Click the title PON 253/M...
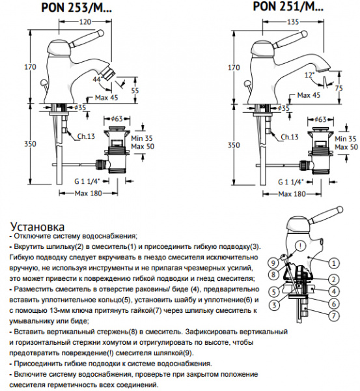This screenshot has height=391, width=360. tap(76, 8)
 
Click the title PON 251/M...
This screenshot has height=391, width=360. tap(288, 7)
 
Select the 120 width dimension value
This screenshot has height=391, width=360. tap(85, 22)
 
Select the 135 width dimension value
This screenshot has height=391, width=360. tap(293, 22)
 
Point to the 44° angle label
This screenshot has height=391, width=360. tap(98, 80)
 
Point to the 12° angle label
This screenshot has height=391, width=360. tap(310, 74)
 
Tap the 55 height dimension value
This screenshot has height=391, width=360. tap(135, 91)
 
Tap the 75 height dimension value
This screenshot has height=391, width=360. tap(339, 88)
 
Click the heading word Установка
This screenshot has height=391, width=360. tap(37, 227)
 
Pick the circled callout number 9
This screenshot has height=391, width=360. tap(273, 263)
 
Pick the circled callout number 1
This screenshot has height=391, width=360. tap(333, 263)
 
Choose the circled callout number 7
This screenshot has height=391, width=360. tap(333, 316)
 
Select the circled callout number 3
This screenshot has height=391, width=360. tap(274, 305)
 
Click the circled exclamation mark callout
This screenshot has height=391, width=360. tap(301, 246)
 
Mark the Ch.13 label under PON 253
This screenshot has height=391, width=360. tap(86, 136)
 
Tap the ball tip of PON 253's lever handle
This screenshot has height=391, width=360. tap(101, 33)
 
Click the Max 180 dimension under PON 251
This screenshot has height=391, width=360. tap(292, 194)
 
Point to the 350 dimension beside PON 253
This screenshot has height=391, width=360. tap(30, 144)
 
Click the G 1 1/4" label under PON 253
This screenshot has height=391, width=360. tap(87, 181)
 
